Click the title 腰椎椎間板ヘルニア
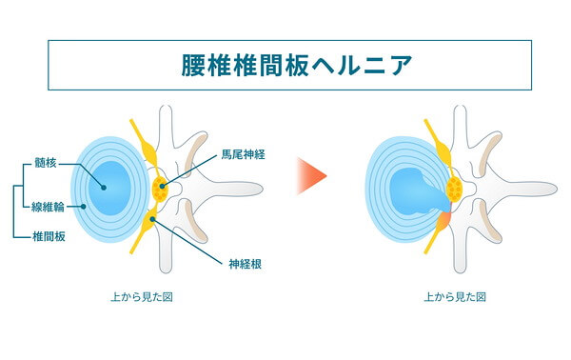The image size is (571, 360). (296, 66)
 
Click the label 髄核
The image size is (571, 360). (46, 163)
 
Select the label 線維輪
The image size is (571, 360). (48, 208)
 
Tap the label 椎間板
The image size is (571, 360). (49, 237)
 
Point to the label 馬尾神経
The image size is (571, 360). (244, 154)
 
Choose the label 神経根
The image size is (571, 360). (246, 264)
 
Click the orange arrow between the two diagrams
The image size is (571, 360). (312, 176)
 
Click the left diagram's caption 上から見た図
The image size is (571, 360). (142, 297)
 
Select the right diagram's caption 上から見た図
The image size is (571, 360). (455, 297)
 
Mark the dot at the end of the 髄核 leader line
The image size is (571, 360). (104, 188)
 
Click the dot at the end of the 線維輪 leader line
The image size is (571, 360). (84, 207)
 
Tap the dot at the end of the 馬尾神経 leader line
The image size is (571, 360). (162, 187)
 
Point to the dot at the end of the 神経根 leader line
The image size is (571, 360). (153, 219)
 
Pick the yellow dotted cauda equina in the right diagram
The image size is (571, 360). (454, 190)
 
